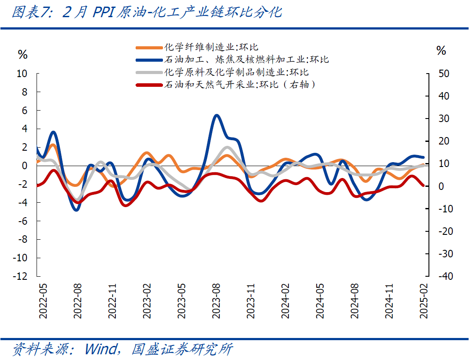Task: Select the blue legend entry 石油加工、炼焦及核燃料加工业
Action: pyautogui.click(x=246, y=59)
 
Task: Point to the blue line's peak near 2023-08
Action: pyautogui.click(x=216, y=115)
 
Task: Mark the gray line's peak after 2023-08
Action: pyautogui.click(x=227, y=148)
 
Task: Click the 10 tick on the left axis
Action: pyautogui.click(x=22, y=74)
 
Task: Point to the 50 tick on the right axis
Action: pyautogui.click(x=444, y=74)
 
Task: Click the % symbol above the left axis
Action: pyautogui.click(x=22, y=55)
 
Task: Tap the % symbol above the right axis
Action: pyautogui.click(x=441, y=51)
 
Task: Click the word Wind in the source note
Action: pyautogui.click(x=101, y=349)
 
